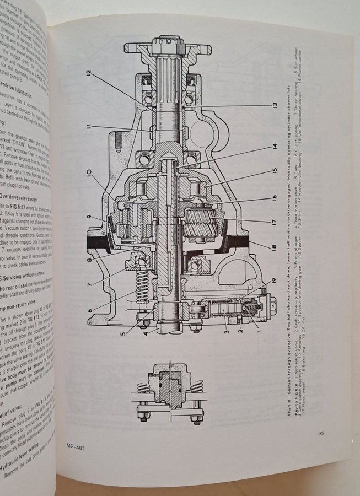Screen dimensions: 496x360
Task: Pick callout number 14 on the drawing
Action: pos(273,147)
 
